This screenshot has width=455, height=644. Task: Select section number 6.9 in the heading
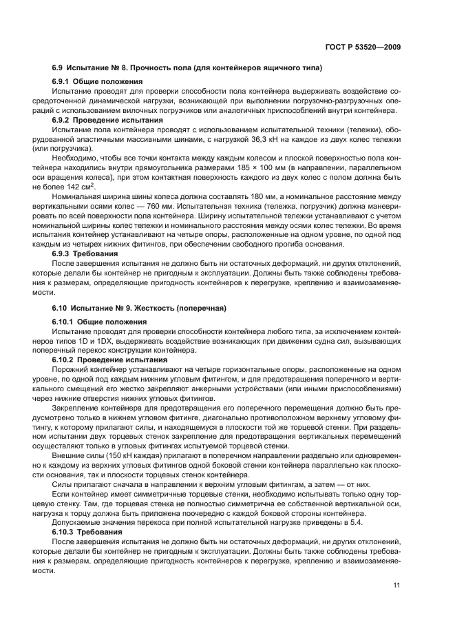(x=58, y=68)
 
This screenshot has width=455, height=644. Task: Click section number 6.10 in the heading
(x=60, y=307)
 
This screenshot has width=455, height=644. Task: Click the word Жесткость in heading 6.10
(x=154, y=307)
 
